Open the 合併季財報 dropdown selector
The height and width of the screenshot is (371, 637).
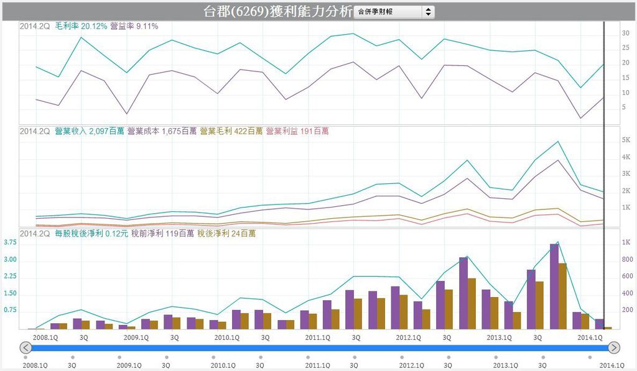pyautogui.click(x=394, y=12)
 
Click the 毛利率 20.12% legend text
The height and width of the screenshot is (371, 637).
pyautogui.click(x=81, y=26)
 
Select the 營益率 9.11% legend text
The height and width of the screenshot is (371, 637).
pyautogui.click(x=134, y=26)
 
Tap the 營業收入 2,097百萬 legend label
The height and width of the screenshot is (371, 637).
pyautogui.click(x=90, y=131)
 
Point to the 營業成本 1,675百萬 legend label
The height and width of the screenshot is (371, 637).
pyautogui.click(x=162, y=131)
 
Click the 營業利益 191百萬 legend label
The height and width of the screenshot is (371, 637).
pyautogui.click(x=297, y=131)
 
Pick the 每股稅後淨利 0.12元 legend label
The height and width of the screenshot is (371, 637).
pyautogui.click(x=91, y=234)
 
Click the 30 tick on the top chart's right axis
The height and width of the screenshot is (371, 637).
pyautogui.click(x=626, y=34)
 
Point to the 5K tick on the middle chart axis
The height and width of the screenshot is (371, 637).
pyautogui.click(x=626, y=140)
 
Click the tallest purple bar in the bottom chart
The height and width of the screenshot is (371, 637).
pyautogui.click(x=554, y=286)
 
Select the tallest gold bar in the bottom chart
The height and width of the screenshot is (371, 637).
pyautogui.click(x=562, y=296)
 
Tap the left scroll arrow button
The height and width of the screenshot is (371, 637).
pyautogui.click(x=26, y=347)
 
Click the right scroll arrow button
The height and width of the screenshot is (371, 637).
pyautogui.click(x=614, y=347)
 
